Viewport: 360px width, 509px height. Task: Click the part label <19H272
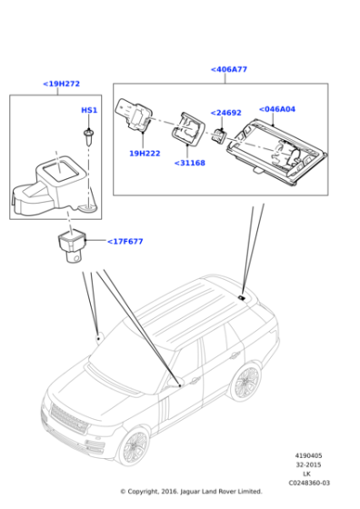61,84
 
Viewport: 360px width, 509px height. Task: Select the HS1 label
89,110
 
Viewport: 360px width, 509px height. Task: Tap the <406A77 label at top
228,69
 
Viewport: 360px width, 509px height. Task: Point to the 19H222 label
144,154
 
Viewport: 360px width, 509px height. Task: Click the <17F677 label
125,242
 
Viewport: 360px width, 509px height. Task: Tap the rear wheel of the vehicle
246,381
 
